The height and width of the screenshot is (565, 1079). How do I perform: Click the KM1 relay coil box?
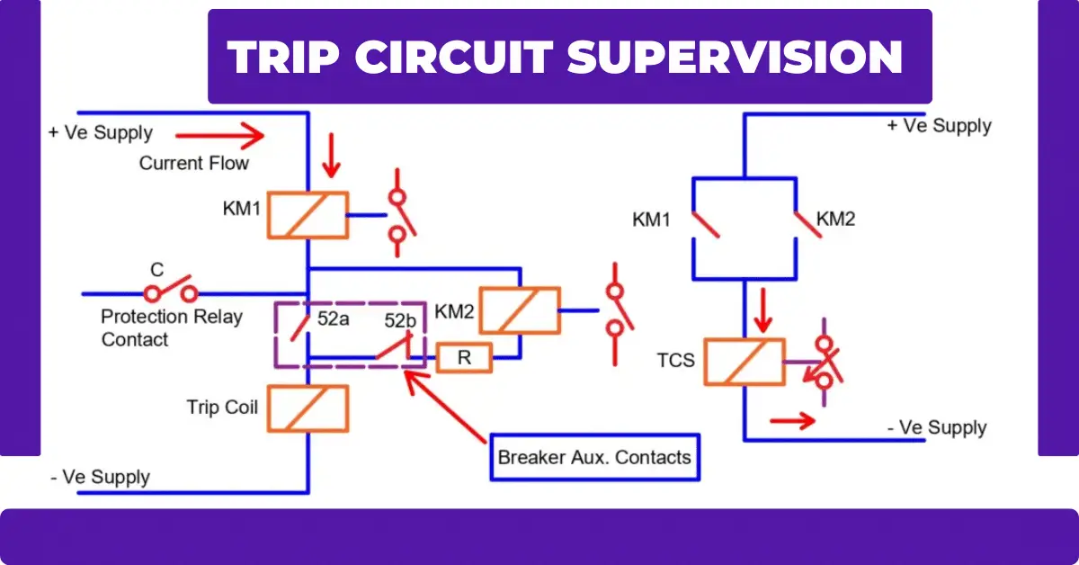point(308,215)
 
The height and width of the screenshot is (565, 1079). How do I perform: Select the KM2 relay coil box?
point(519,310)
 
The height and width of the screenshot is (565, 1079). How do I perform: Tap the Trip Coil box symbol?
point(308,408)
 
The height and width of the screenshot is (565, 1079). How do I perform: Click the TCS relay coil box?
point(744,363)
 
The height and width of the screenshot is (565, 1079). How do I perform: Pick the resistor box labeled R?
point(464,359)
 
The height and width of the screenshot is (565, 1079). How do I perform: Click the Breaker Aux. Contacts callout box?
point(594,457)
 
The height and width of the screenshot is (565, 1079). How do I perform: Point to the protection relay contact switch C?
point(171,290)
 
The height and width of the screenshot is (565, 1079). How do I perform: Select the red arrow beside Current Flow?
point(220,137)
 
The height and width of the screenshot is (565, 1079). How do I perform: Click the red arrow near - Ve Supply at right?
point(792,419)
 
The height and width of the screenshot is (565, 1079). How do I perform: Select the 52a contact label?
point(334,319)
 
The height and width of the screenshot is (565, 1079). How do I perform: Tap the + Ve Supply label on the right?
point(939,126)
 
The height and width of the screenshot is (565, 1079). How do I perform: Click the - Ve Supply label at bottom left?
point(100,477)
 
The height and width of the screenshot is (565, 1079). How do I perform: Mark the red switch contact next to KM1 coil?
point(397,216)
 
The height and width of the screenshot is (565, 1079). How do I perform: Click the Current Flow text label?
point(194,164)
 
